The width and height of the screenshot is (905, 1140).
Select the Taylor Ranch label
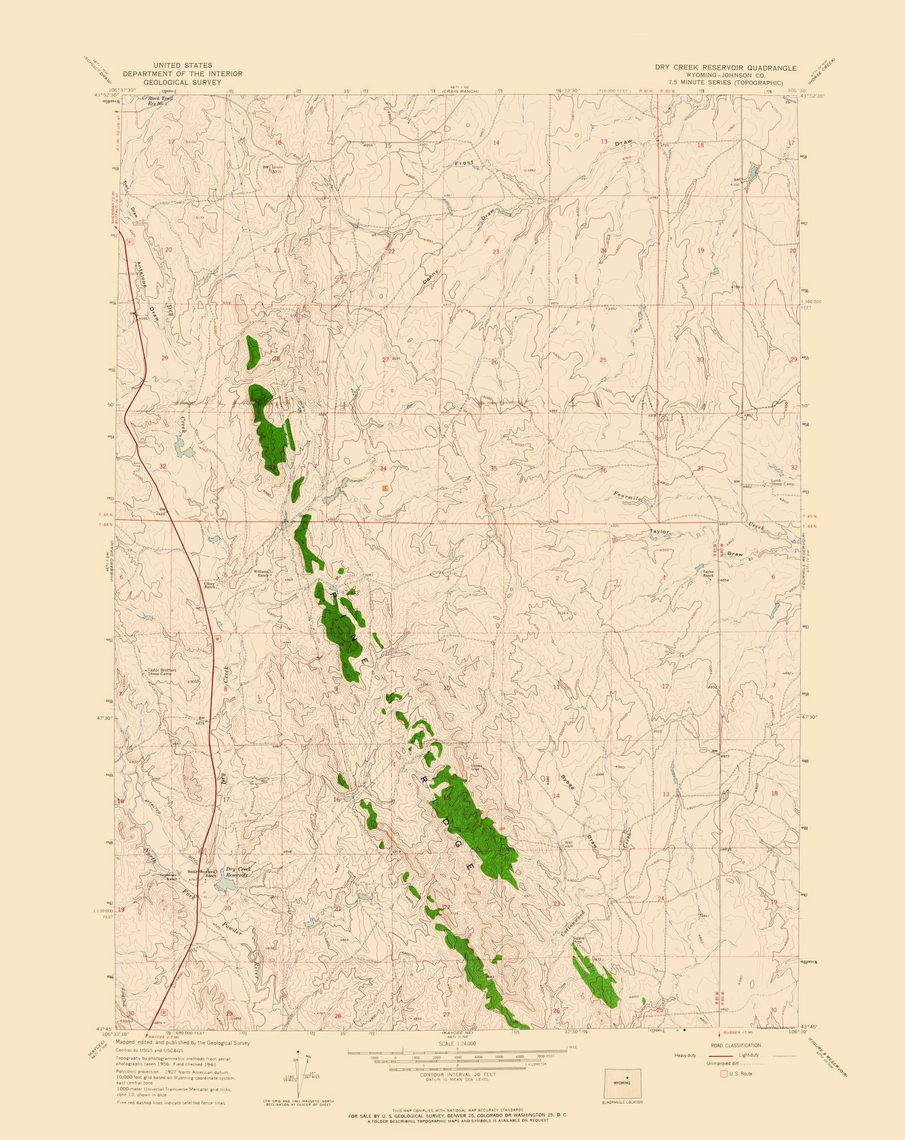click(708, 573)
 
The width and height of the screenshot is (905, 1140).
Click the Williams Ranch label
click(261, 573)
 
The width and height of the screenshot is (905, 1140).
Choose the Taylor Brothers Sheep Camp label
click(162, 672)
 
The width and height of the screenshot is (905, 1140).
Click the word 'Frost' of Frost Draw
click(464, 164)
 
